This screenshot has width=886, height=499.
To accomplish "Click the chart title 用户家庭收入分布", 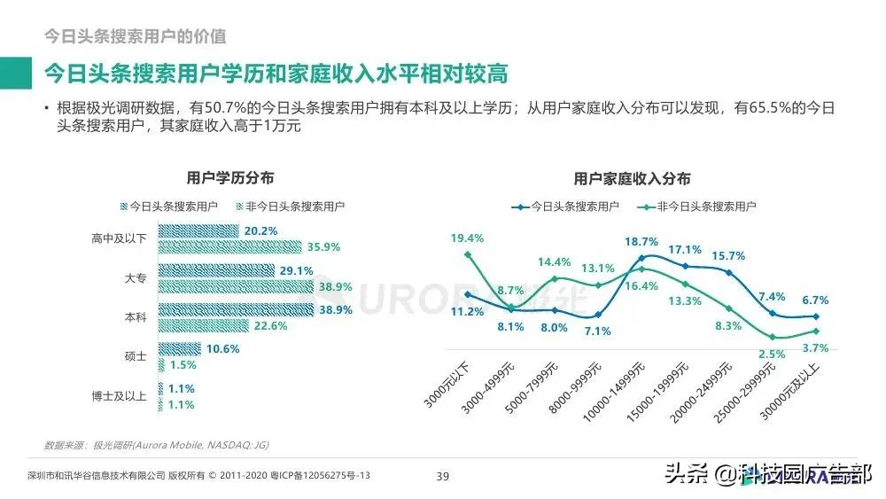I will tap(632, 178).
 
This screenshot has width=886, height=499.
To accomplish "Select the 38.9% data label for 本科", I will tap(335, 310).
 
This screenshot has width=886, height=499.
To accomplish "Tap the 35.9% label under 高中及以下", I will tap(324, 246).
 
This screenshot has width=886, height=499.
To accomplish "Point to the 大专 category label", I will tap(136, 277).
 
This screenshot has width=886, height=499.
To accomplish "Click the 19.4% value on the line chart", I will tap(467, 238).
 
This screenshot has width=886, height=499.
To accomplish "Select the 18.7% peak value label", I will tap(641, 241).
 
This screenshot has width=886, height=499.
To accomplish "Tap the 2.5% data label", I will tap(773, 354).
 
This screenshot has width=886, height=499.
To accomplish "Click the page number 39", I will tap(443, 477).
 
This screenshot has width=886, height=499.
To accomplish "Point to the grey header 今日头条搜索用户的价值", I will tap(136, 36).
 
